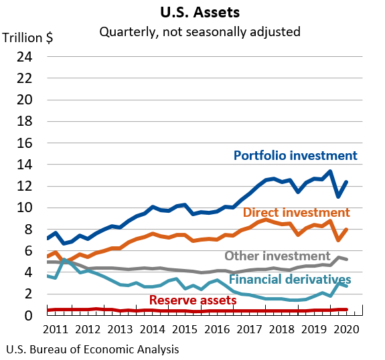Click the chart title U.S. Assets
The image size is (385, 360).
tap(199, 12)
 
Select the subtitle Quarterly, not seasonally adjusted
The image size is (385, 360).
tap(200, 31)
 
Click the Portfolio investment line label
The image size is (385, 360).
tap(295, 156)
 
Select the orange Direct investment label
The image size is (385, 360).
tap(296, 213)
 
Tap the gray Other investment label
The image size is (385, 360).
tap(277, 256)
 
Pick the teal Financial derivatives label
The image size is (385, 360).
tap(289, 279)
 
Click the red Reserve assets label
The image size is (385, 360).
tap(192, 300)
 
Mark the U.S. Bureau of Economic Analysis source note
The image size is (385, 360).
tap(92, 349)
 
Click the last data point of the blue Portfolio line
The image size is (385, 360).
tap(346, 182)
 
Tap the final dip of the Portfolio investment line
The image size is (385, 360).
tap(338, 196)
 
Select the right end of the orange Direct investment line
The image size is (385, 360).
tap(346, 230)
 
